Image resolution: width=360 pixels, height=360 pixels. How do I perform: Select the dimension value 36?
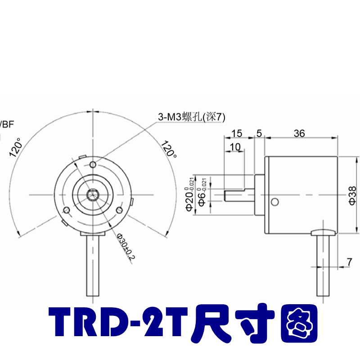[x=299, y=133]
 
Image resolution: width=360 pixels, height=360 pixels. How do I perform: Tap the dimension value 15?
[x=237, y=133]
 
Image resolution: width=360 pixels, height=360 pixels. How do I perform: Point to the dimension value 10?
[x=234, y=147]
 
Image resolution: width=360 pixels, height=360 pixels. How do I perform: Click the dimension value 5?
[x=259, y=133]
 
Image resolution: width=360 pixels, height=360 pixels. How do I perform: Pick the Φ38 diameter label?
[x=352, y=195]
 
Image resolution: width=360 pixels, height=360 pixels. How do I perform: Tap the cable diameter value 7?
[x=349, y=261]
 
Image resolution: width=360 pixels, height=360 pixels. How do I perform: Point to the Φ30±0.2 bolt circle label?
[x=126, y=247]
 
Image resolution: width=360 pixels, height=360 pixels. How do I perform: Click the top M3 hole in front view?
[x=93, y=163]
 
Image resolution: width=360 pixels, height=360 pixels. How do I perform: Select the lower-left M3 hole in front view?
[x=67, y=210]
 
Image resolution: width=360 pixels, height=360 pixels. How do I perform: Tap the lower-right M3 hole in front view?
[x=119, y=210]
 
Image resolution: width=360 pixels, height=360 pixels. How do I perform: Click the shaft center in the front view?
[x=93, y=194]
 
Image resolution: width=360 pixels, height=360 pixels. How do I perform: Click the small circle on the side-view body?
[x=274, y=201]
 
